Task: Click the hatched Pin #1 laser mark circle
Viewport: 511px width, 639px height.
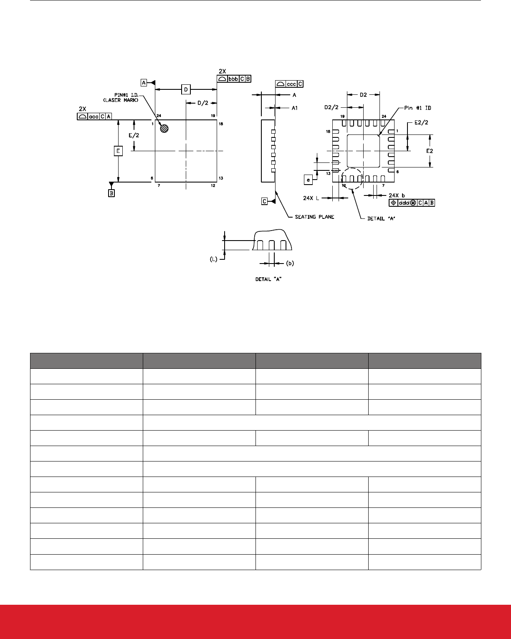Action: click(x=165, y=129)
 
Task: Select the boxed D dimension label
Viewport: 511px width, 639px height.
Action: click(x=186, y=89)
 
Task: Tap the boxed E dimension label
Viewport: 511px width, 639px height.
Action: click(x=118, y=151)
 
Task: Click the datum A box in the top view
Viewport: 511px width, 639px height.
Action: click(x=144, y=83)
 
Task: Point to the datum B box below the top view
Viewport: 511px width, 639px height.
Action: click(x=111, y=193)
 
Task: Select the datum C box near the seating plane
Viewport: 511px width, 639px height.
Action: click(x=265, y=201)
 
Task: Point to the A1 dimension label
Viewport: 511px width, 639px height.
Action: click(x=294, y=108)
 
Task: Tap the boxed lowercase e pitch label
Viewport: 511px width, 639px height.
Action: click(x=309, y=180)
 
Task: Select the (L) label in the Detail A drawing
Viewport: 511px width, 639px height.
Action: click(x=213, y=259)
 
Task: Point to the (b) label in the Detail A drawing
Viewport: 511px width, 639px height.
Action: click(x=291, y=263)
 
